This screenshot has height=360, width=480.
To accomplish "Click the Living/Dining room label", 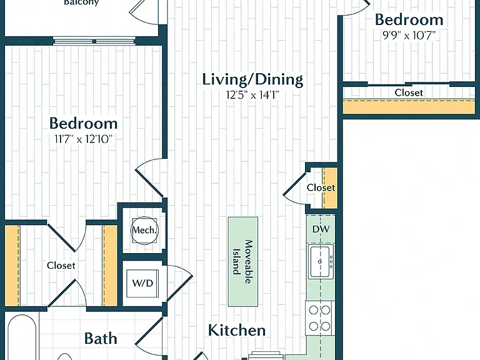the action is [252, 79].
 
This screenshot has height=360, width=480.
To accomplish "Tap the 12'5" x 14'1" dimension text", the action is [252, 95].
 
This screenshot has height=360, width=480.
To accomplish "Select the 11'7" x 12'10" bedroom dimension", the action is [84, 139].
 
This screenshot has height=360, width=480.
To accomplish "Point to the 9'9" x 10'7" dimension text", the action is [409, 36].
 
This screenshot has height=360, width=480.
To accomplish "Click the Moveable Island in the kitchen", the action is [243, 262].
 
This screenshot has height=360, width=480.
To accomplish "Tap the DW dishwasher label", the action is [321, 229].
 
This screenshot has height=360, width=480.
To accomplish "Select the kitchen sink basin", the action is [321, 262].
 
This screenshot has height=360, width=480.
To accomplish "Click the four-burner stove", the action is [319, 318].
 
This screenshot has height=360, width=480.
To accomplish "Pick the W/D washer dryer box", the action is [142, 283].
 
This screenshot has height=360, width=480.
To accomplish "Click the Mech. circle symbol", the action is [144, 231].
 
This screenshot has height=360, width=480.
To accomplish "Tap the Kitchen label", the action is [237, 330].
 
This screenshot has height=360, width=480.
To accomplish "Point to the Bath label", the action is [101, 339].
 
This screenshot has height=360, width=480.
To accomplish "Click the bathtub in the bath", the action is [21, 337].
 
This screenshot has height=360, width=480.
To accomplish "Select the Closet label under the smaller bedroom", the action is [409, 92].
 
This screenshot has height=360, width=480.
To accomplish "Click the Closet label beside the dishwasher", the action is [321, 187].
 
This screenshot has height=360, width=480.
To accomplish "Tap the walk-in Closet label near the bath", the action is [61, 265].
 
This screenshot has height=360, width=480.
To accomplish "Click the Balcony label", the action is [81, 2].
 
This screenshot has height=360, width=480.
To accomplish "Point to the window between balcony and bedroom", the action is [94, 41].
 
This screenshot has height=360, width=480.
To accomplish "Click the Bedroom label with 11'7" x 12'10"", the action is [84, 123].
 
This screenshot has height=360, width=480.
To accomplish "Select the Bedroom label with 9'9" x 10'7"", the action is [409, 19].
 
